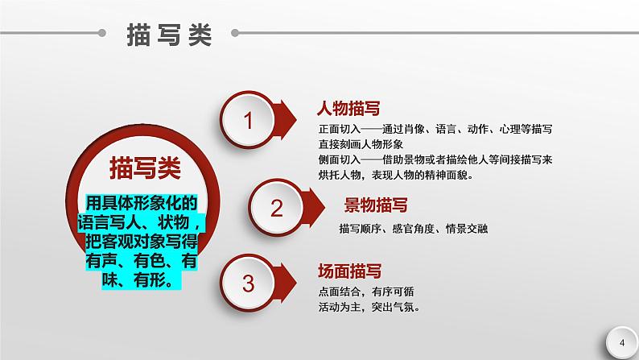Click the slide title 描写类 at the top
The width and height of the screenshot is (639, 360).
coord(169,35)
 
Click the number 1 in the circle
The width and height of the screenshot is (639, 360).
coord(248,121)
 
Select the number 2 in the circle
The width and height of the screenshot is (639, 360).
coord(277,209)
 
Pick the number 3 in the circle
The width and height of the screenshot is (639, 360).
coord(248,283)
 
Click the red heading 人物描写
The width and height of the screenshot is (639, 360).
coord(349,108)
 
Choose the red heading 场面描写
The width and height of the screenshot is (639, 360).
coord(349,270)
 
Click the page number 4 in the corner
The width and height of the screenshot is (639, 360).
coord(621,343)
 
